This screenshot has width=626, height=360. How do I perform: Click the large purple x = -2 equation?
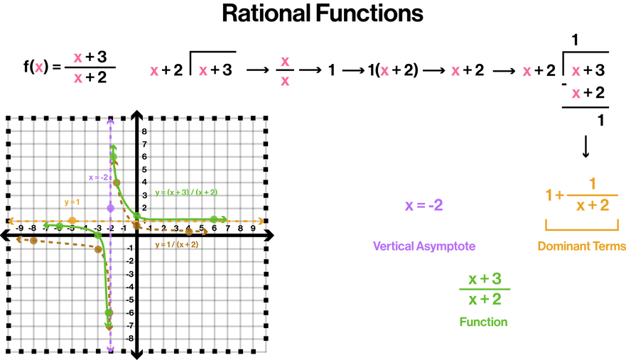(x=423, y=206)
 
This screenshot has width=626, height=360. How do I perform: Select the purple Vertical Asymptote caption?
(x=423, y=246)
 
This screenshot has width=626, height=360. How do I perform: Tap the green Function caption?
(x=483, y=322)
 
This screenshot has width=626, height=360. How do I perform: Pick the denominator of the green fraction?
(x=485, y=300)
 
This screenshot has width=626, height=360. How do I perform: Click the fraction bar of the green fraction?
(x=485, y=289)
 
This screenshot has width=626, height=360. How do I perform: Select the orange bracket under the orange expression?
(x=581, y=226)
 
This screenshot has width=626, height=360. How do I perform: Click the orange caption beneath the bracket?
(x=581, y=246)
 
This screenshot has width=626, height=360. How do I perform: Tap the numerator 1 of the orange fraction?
(x=592, y=184)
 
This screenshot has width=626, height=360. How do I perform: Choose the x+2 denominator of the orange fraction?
(x=592, y=206)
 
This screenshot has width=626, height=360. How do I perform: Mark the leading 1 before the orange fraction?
(x=549, y=195)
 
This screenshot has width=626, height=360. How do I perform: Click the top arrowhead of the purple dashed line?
(x=110, y=124)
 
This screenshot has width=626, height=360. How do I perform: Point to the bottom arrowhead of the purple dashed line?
(x=110, y=346)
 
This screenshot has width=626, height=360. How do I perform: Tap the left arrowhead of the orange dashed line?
(x=14, y=221)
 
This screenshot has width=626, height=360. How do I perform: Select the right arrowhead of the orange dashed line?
(x=259, y=221)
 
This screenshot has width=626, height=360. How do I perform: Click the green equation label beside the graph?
(x=186, y=192)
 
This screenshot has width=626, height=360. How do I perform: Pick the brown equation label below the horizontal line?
(x=176, y=244)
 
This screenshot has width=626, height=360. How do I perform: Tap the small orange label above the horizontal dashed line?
(x=72, y=202)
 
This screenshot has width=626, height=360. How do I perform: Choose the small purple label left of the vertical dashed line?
(x=98, y=177)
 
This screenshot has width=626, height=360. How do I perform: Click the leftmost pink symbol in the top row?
(x=39, y=68)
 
